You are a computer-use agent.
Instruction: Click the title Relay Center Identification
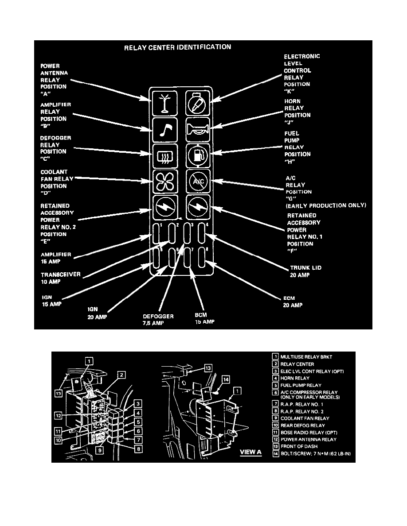(x=177, y=47)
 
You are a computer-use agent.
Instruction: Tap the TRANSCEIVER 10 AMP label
(x=61, y=278)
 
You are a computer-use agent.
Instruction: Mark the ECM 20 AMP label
(x=293, y=302)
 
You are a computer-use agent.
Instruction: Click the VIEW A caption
(x=251, y=452)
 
